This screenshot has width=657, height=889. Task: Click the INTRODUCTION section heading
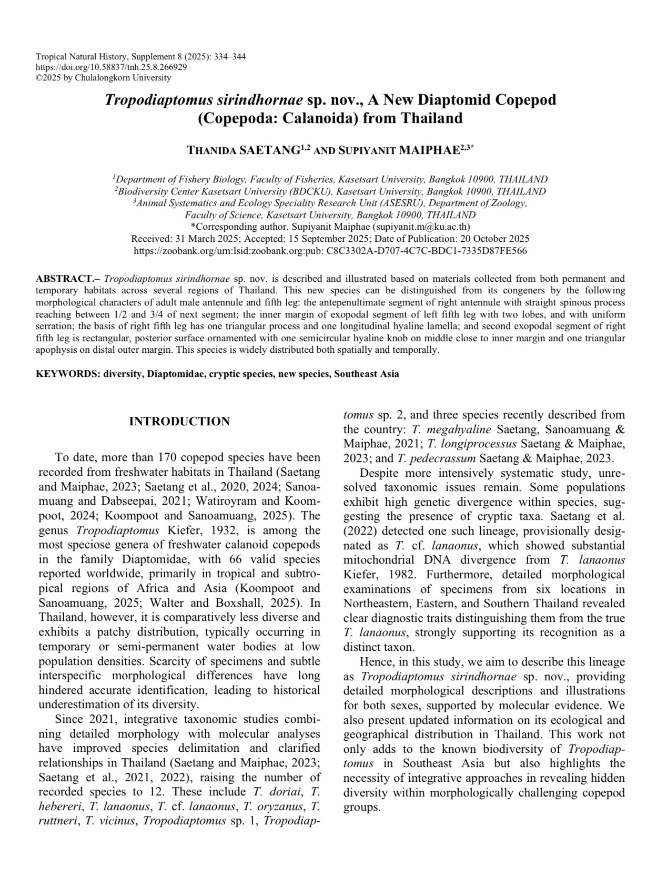pyautogui.click(x=179, y=422)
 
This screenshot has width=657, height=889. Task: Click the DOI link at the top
pyautogui.click(x=111, y=67)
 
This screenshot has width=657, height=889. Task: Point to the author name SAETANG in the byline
pyautogui.click(x=269, y=151)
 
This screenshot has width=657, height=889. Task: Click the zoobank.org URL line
pyautogui.click(x=330, y=251)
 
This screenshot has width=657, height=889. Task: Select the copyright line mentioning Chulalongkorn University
pyautogui.click(x=103, y=78)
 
